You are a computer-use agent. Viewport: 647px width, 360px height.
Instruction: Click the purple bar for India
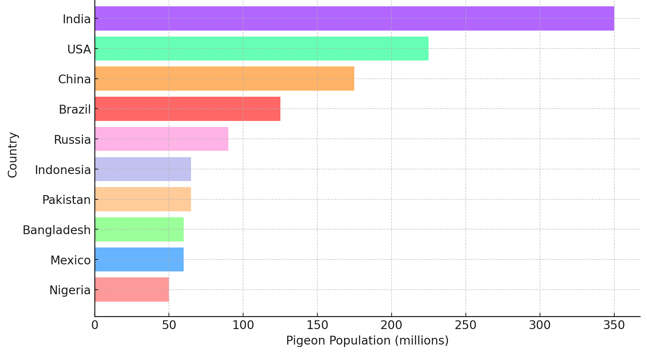pos(354,19)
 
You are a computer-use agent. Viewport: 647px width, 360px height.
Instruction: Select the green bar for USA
pos(261,49)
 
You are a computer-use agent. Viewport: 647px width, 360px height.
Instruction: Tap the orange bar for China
pos(224,79)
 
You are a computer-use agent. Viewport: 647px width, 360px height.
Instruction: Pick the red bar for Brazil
pos(188,109)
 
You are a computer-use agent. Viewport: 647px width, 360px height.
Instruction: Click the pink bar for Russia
pos(161,139)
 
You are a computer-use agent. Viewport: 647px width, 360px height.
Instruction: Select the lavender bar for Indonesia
pos(143,169)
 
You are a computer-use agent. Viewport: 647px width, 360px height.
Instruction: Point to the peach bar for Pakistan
pos(143,199)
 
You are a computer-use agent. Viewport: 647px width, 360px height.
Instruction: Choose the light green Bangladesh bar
pos(139,229)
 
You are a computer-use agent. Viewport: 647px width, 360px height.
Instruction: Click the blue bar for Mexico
pos(139,259)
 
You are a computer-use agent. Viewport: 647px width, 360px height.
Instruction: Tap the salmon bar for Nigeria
pos(132,290)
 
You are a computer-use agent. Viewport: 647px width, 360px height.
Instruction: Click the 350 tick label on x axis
pos(614,325)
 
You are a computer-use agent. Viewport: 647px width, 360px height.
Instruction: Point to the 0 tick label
pos(95,325)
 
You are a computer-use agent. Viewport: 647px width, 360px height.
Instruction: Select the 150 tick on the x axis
pos(317,325)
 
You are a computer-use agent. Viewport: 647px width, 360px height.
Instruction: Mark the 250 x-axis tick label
pos(465,325)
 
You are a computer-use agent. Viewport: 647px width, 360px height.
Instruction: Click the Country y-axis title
pos(13,155)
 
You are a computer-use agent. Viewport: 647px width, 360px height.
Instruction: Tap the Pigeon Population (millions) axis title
pos(367,341)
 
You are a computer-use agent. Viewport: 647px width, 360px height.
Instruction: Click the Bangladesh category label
pos(57,230)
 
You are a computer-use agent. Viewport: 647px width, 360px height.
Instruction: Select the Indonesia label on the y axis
pos(63,170)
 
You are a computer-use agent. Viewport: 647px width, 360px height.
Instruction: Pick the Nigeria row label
pos(70,290)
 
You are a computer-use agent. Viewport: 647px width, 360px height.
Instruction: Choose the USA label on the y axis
pos(79,50)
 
